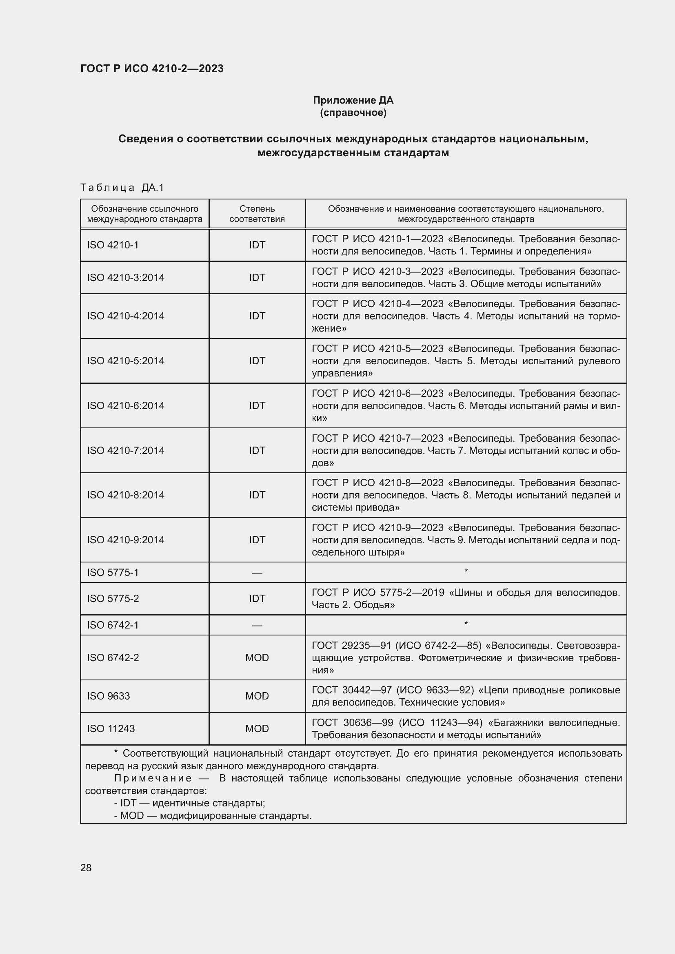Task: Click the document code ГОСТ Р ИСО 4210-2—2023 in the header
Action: click(152, 69)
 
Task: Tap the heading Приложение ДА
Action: click(353, 100)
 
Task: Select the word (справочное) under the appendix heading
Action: click(353, 113)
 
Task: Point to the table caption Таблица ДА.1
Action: click(122, 188)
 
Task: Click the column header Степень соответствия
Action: click(257, 214)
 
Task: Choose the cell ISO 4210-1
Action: click(113, 245)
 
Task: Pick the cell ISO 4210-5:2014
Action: click(126, 361)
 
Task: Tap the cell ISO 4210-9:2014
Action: click(126, 540)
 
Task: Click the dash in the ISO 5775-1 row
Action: click(257, 573)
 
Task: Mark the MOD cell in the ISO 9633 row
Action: click(257, 696)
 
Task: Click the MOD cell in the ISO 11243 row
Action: click(257, 728)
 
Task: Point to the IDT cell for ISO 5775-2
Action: click(257, 598)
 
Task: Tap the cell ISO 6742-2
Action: click(113, 658)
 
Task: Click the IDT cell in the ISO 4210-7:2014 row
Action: click(257, 450)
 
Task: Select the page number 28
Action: click(86, 868)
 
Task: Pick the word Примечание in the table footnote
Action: click(153, 778)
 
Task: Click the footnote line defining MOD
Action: click(213, 816)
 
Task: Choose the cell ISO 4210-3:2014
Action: click(126, 278)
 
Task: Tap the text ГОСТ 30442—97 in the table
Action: click(352, 690)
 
